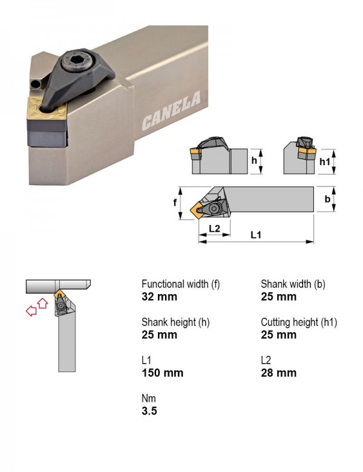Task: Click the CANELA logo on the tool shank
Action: pyautogui.click(x=171, y=111)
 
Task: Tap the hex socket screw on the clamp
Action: pyautogui.click(x=77, y=62)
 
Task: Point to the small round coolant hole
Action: pyautogui.click(x=36, y=84)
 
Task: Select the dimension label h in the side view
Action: pyautogui.click(x=254, y=160)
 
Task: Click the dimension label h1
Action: pyautogui.click(x=324, y=162)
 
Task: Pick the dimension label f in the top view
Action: pyautogui.click(x=175, y=202)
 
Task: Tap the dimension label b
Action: pyautogui.click(x=327, y=198)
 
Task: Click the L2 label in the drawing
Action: pyautogui.click(x=214, y=229)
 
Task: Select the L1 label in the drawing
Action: pyautogui.click(x=256, y=235)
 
